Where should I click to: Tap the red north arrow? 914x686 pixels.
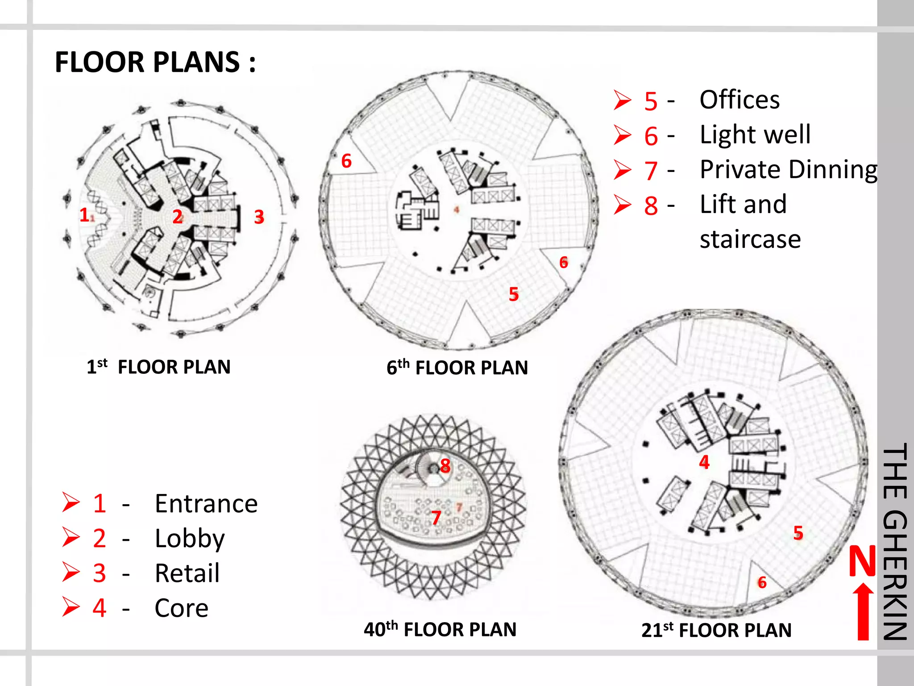pyautogui.click(x=863, y=611)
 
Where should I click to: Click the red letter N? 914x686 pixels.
pyautogui.click(x=862, y=561)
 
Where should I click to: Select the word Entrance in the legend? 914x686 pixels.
pyautogui.click(x=206, y=504)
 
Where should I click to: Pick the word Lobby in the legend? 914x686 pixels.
pyautogui.click(x=190, y=539)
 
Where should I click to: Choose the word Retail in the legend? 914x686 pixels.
pyautogui.click(x=187, y=573)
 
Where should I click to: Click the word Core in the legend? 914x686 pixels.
pyautogui.click(x=181, y=608)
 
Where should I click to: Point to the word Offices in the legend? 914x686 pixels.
pyautogui.click(x=740, y=100)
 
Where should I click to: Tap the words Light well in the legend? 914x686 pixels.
pyautogui.click(x=755, y=134)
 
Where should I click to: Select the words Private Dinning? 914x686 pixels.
pyautogui.click(x=789, y=170)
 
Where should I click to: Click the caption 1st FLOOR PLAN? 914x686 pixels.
pyautogui.click(x=158, y=367)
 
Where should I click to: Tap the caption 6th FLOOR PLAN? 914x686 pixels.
pyautogui.click(x=457, y=367)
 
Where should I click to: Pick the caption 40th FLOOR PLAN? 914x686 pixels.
pyautogui.click(x=440, y=629)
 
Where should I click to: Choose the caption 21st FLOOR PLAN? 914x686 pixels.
pyautogui.click(x=716, y=630)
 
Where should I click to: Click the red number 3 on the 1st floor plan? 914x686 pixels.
pyautogui.click(x=259, y=217)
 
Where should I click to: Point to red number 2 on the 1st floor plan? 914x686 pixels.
pyautogui.click(x=177, y=217)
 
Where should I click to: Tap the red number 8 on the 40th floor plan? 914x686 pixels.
pyautogui.click(x=445, y=466)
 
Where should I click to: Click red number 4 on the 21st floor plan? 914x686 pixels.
pyautogui.click(x=704, y=462)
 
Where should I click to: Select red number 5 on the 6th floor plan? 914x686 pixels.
pyautogui.click(x=514, y=294)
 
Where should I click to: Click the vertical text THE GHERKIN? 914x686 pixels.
pyautogui.click(x=895, y=541)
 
